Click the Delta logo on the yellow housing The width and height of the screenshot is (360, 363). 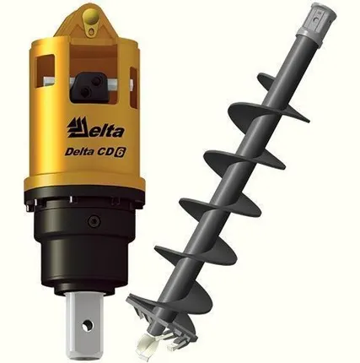pyautogui.click(x=95, y=128)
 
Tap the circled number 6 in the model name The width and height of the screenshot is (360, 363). pyautogui.click(x=121, y=152)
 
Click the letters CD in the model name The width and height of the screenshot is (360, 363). pyautogui.click(x=106, y=151)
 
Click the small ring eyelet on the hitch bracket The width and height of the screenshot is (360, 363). pyautogui.click(x=92, y=30)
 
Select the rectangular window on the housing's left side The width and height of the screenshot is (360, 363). pyautogui.click(x=46, y=71)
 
